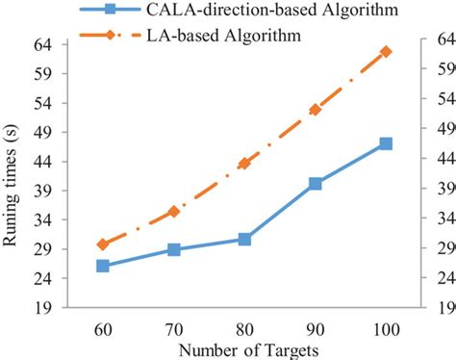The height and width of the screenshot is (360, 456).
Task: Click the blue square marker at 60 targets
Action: [103, 265]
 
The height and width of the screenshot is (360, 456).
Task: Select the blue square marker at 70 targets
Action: [174, 249]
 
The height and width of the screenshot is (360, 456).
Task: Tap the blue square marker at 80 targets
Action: [244, 239]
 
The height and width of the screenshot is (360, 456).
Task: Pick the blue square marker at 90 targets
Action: [316, 183]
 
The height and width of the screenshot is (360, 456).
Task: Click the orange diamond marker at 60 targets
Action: [103, 244]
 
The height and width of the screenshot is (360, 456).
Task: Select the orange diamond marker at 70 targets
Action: [174, 211]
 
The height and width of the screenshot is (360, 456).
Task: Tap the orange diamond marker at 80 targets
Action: [244, 164]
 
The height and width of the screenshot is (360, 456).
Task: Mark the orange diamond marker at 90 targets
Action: [316, 110]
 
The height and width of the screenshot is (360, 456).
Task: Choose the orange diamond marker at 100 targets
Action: [386, 51]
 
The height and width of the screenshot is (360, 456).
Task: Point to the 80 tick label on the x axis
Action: [244, 327]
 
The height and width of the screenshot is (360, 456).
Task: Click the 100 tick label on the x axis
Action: [386, 327]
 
